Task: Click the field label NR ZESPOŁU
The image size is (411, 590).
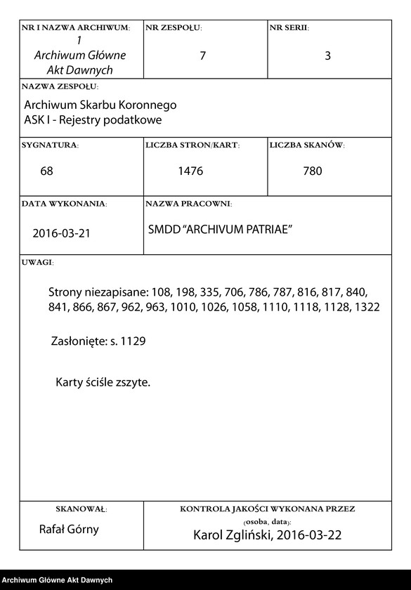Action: point(173,27)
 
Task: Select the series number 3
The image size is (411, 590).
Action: point(327,56)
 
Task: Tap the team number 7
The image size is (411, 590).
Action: point(203,56)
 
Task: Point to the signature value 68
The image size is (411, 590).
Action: point(47,171)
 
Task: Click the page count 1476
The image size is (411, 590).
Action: point(190,171)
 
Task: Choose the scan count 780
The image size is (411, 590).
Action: point(313,171)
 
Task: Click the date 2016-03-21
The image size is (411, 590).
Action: point(61,233)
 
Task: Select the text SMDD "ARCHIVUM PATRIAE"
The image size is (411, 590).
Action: point(220,230)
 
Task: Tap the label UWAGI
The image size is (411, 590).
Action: point(37,261)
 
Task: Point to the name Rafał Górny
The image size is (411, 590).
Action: point(68,529)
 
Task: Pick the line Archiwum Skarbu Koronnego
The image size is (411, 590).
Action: point(100,105)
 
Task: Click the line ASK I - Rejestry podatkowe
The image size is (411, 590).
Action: point(93,119)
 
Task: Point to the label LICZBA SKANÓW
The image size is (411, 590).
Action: point(306,145)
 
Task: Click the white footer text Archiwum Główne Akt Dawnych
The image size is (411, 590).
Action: point(57,580)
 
